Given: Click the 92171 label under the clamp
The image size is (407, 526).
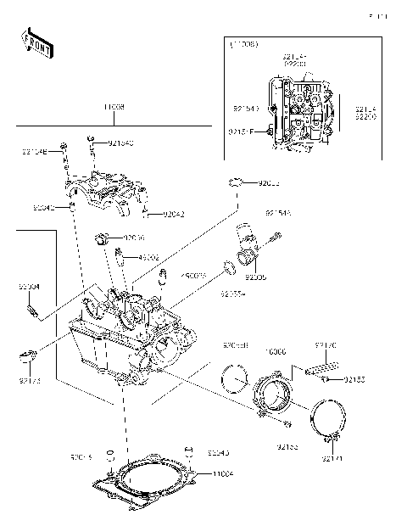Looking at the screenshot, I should pos(332,459).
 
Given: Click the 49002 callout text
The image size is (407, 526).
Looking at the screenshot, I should pos(148,256).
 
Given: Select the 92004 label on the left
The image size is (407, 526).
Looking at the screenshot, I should pos(29,287).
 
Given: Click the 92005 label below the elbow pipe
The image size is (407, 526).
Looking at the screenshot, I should pos(255,277).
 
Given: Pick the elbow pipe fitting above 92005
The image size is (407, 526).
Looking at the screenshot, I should pos(248,244).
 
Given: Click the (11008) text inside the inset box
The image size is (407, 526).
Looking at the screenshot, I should pos(245,42).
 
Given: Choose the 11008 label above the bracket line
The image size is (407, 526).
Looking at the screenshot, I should pos(114,108).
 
